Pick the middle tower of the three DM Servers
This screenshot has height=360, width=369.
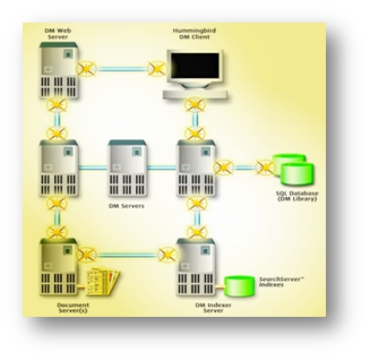point(126,162)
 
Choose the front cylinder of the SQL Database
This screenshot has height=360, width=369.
point(291,171)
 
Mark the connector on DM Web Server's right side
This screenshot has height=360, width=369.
point(89,68)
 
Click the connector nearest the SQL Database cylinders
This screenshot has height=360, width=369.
point(263,167)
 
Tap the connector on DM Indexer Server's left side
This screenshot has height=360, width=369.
point(164,253)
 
